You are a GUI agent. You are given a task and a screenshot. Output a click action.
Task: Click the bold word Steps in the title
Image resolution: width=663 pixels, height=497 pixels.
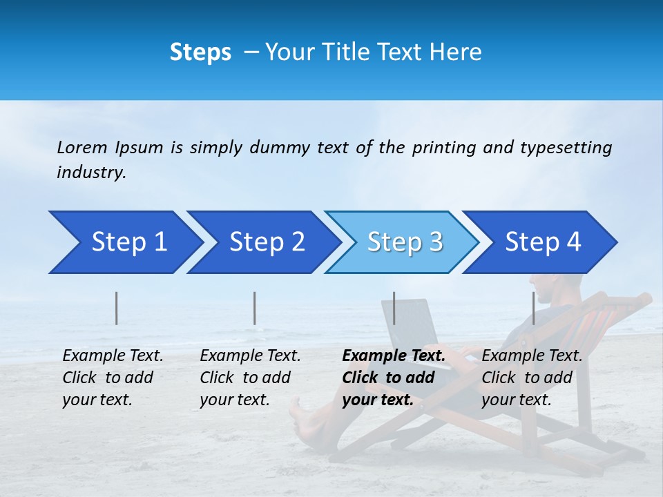200,52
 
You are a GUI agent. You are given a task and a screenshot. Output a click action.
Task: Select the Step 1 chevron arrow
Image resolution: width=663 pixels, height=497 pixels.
124,242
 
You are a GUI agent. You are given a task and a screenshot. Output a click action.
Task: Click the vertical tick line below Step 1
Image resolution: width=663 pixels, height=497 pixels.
117,308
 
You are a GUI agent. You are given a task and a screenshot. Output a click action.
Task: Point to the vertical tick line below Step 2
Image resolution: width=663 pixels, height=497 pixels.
255,308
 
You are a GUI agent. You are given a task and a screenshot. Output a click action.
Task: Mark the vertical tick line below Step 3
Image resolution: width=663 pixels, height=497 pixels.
394,308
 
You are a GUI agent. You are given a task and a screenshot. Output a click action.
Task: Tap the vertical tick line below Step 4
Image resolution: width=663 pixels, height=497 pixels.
533,308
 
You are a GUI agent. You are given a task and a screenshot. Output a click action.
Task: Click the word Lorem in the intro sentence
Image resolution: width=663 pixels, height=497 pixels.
82,147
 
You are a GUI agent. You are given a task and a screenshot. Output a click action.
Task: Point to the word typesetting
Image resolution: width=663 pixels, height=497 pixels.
566,148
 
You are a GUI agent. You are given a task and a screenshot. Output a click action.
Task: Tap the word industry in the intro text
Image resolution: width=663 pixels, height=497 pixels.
90,173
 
